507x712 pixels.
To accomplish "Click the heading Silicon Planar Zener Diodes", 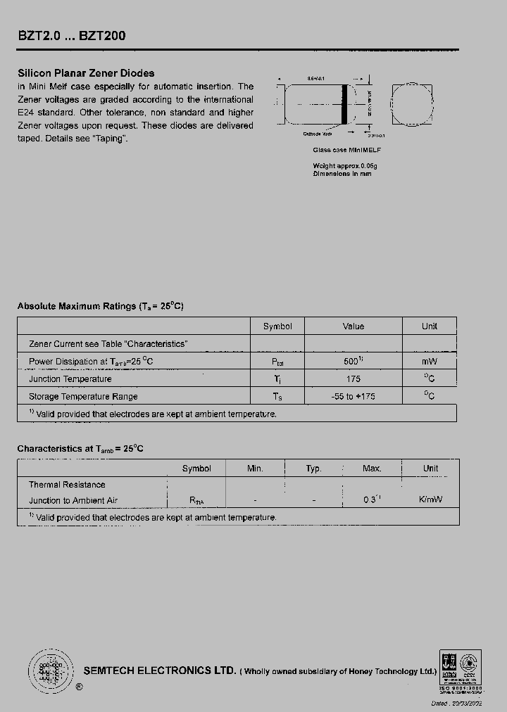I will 85,73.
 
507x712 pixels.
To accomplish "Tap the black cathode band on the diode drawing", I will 345,106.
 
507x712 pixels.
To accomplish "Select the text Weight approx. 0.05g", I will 345,166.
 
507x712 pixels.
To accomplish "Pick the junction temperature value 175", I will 353,379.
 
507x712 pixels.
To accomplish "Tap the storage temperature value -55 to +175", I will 353,396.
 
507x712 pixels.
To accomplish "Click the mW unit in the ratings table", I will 430,361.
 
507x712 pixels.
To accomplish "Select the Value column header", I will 353,326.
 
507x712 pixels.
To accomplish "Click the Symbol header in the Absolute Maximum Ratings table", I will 277,326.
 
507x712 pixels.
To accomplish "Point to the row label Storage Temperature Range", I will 83,396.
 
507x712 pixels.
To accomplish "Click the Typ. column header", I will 313,469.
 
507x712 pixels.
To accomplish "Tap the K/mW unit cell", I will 430,500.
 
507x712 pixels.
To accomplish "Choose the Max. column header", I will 372,469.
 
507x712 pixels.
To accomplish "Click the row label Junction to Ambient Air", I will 73,500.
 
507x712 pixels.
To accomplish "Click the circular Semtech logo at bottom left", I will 50,669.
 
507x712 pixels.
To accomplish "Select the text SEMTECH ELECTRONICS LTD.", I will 160,671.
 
